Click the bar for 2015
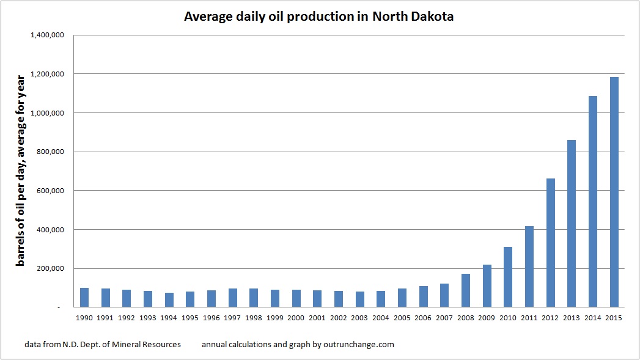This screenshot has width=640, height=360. click(x=614, y=192)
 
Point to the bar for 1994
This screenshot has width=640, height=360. click(x=169, y=300)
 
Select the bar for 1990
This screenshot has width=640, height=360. click(x=84, y=298)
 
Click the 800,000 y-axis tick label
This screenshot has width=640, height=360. click(x=50, y=152)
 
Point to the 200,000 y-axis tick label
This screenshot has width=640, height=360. click(x=50, y=268)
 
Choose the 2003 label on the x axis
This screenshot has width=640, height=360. click(x=360, y=318)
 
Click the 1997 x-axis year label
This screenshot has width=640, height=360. click(x=233, y=318)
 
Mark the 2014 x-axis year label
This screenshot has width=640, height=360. click(x=593, y=318)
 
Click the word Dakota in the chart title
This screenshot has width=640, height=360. click(x=432, y=17)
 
